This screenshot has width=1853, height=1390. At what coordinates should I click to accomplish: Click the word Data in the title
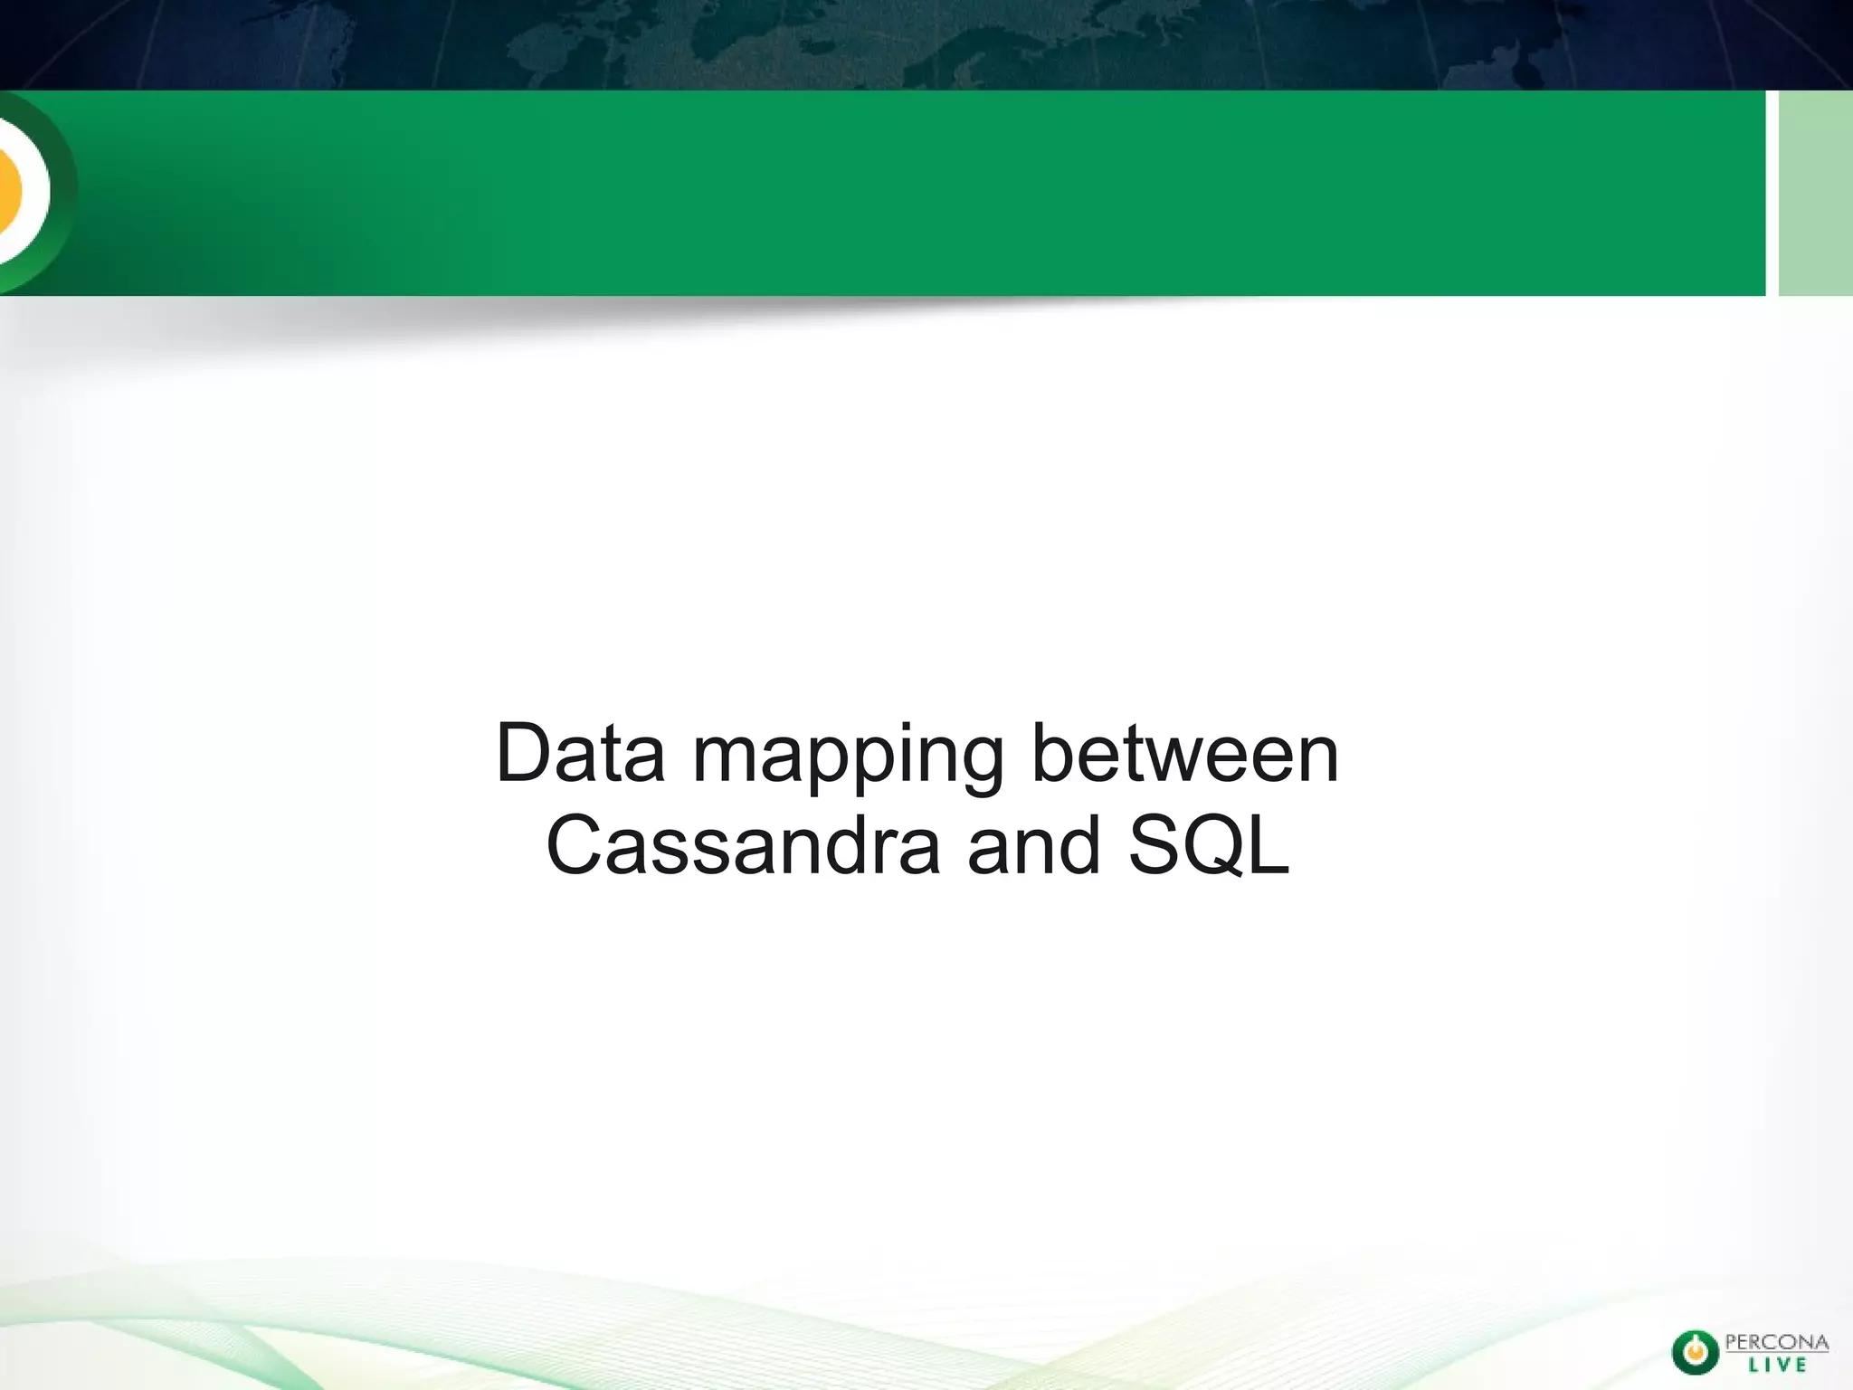tap(580, 754)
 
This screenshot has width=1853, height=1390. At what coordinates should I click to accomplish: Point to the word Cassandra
tap(744, 846)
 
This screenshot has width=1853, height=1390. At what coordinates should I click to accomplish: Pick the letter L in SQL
tap(1269, 846)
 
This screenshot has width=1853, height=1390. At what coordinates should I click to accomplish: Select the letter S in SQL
tap(1155, 846)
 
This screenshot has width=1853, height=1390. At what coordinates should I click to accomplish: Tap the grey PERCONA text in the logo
tap(1777, 1342)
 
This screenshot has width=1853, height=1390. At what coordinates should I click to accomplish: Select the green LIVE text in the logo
tap(1777, 1366)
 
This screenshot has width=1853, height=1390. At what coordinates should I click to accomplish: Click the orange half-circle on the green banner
tap(9, 192)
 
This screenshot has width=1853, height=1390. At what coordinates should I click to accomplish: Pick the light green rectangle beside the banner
tap(1815, 193)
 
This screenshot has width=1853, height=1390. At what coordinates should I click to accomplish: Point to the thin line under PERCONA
tap(1777, 1354)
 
